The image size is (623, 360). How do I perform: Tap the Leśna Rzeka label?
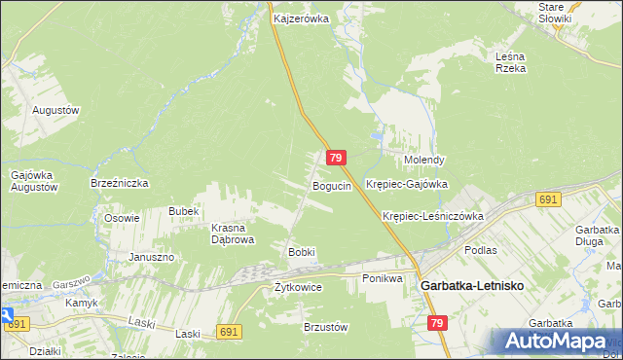point(510,62)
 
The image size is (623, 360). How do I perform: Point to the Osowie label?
point(122,218)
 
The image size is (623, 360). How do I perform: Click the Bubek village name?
point(183,211)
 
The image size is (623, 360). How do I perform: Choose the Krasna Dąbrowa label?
point(233,234)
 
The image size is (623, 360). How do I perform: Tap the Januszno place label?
point(151,257)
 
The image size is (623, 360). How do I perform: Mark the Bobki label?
point(301,252)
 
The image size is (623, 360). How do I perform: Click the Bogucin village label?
point(331,185)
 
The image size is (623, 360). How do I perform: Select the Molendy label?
point(424,160)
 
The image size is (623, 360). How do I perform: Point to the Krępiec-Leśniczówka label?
point(433,216)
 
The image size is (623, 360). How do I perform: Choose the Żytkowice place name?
point(298,287)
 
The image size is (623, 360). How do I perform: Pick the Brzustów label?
point(326,328)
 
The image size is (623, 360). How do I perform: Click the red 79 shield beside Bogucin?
point(336,158)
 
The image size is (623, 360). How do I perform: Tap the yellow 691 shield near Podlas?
point(547,198)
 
